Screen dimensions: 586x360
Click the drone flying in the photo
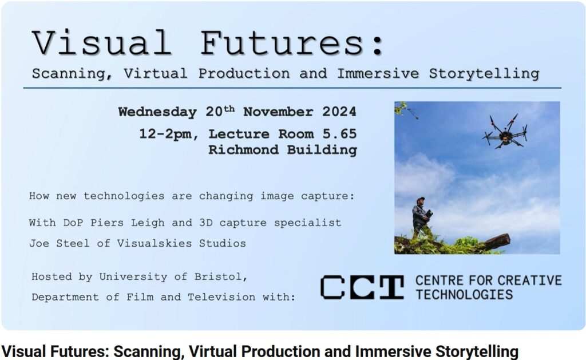505,132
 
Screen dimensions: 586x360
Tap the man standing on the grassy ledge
421,217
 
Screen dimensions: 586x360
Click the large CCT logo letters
362,287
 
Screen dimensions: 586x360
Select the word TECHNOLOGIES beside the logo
464,295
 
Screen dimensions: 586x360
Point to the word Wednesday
157,112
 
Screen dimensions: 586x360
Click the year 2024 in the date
339,112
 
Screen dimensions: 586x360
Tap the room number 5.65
340,134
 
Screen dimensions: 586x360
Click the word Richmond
244,150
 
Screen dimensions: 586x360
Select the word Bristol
221,277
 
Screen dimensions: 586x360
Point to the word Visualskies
155,243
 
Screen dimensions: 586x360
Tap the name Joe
39,243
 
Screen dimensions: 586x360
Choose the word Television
221,297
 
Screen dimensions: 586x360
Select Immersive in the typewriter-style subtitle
378,73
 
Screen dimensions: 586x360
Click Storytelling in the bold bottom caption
477,351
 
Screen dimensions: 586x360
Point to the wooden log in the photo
497,242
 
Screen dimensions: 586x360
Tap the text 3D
206,223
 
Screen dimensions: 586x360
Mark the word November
278,112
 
